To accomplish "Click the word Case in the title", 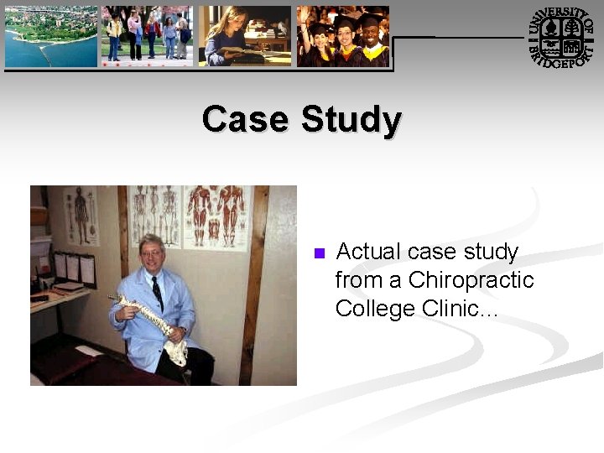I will [246, 119].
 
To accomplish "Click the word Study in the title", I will [351, 121].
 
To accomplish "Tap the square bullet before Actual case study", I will [318, 254].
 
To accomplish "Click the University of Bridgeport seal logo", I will [563, 37].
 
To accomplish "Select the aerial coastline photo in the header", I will [51, 36].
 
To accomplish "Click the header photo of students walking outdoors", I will [147, 36].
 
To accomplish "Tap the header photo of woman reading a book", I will [244, 36].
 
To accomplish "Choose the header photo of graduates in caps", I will [343, 36].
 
